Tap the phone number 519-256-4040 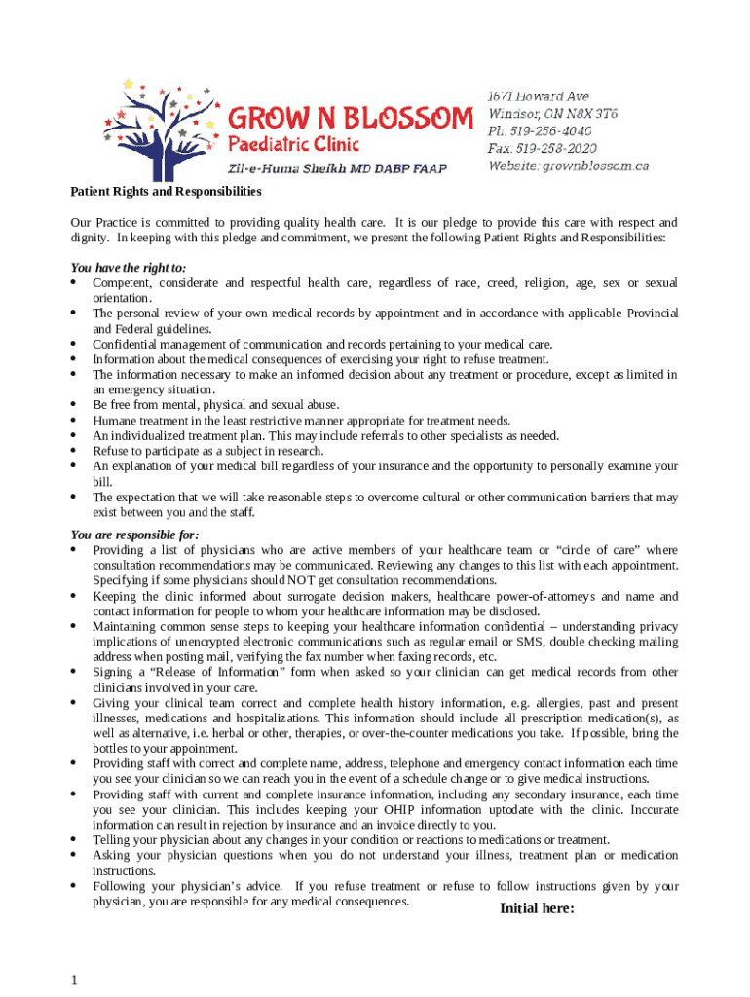tap(550, 130)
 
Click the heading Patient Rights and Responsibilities tap(167, 192)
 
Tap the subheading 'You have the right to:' tap(129, 267)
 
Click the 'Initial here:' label tap(537, 908)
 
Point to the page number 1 tap(74, 980)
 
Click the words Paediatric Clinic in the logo tap(293, 145)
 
